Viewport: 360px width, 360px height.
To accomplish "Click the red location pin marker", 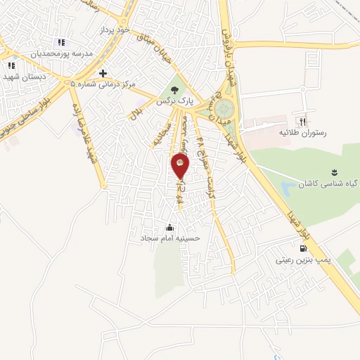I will (180, 167).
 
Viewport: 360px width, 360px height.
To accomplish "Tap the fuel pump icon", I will (304, 247).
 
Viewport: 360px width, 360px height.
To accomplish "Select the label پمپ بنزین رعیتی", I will (304, 260).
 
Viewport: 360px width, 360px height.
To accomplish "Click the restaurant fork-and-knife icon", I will (303, 121).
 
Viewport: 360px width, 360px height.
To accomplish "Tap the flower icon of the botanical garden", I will (334, 172).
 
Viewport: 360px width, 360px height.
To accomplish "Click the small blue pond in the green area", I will (289, 188).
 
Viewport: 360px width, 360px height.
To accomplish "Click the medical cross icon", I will (103, 73).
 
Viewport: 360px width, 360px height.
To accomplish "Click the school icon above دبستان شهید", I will (11, 65).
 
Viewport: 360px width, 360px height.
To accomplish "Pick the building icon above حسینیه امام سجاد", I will (169, 227).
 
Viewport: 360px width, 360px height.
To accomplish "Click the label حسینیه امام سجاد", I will (170, 238).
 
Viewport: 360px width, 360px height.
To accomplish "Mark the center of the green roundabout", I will (225, 108).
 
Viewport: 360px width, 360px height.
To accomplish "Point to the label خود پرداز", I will (115, 30).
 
